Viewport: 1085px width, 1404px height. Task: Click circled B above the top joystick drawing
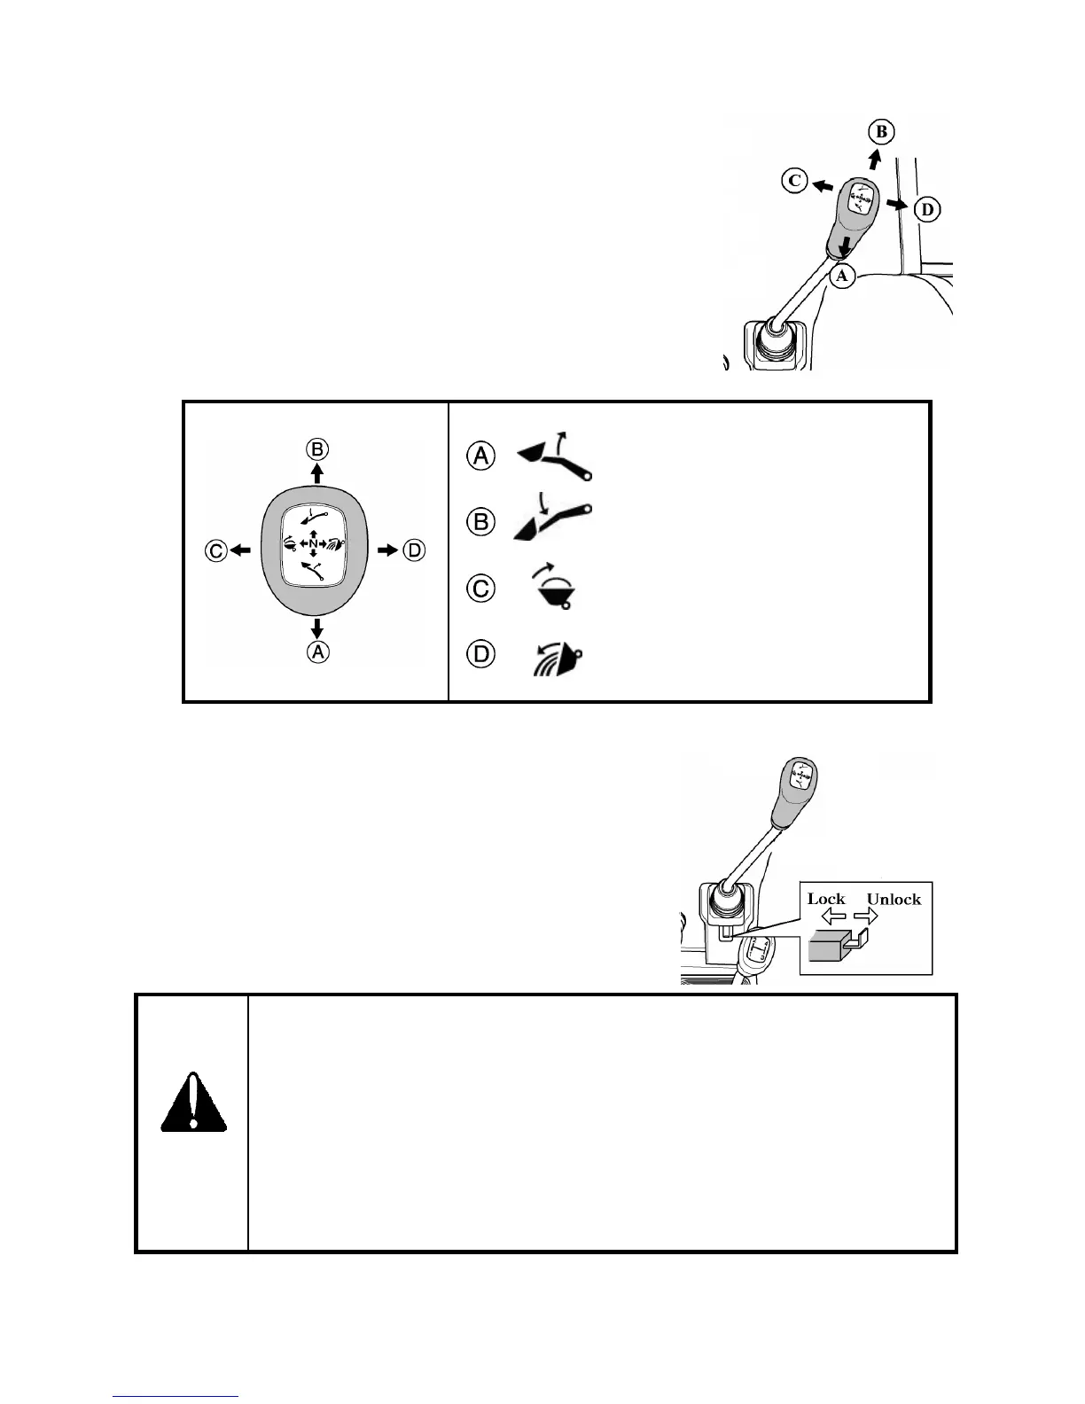(881, 133)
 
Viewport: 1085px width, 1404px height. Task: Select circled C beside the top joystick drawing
(794, 181)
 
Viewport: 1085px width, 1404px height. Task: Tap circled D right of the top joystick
(927, 210)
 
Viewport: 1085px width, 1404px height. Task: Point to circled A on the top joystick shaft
(842, 276)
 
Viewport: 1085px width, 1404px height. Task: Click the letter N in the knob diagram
(313, 543)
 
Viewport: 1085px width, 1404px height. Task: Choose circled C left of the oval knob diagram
(215, 551)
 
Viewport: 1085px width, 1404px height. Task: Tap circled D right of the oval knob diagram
(414, 551)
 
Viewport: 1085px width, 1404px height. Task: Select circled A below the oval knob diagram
(316, 652)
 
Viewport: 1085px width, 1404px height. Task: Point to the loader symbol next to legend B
(551, 521)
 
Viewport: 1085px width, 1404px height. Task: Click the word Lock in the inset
(826, 899)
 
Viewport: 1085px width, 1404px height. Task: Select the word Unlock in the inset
(894, 899)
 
